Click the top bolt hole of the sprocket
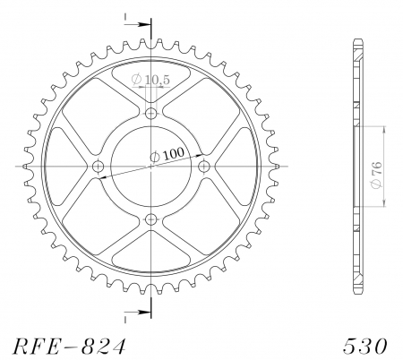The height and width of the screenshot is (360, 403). click(x=150, y=114)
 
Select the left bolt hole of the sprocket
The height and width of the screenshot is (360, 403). click(x=99, y=166)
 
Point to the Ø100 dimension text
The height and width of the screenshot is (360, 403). click(x=167, y=155)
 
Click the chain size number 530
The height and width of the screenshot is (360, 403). click(x=364, y=345)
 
